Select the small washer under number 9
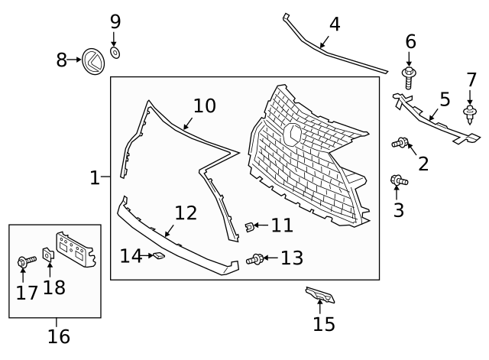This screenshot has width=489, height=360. click(x=115, y=52)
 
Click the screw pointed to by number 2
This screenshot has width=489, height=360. click(x=400, y=141)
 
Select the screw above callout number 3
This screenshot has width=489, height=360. click(x=398, y=180)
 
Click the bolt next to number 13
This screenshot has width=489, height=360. click(x=254, y=260)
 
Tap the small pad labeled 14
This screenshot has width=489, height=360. click(x=158, y=256)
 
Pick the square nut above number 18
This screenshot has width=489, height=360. click(x=47, y=255)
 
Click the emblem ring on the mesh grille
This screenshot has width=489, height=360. click(x=293, y=134)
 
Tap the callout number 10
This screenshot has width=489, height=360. click(x=204, y=105)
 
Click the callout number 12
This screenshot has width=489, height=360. click(x=186, y=212)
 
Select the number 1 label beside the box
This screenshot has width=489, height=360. click(x=95, y=178)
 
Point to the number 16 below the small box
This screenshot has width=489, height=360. click(x=58, y=336)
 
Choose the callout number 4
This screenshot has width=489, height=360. click(x=334, y=24)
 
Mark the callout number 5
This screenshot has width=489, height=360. click(x=445, y=99)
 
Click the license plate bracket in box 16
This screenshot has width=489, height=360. click(x=76, y=248)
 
